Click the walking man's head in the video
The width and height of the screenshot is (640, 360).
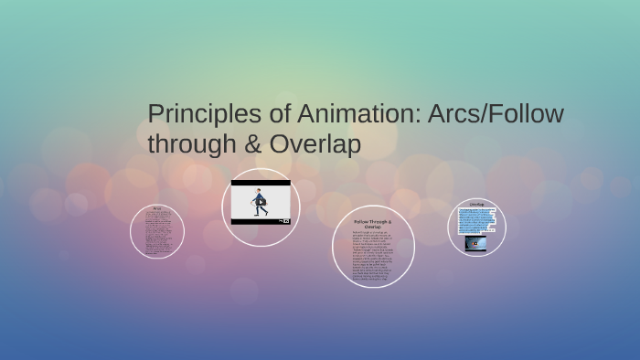259,193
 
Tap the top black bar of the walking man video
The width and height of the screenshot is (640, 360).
261,183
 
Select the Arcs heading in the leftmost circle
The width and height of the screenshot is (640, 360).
157,208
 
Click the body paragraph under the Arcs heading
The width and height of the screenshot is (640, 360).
157,233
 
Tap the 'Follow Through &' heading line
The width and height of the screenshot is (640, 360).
373,222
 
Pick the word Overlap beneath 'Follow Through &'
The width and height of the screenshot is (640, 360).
373,227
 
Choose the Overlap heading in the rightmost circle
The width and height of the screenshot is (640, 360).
476,204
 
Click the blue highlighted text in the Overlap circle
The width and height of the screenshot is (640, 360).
476,220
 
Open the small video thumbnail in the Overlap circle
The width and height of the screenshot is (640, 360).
476,243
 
